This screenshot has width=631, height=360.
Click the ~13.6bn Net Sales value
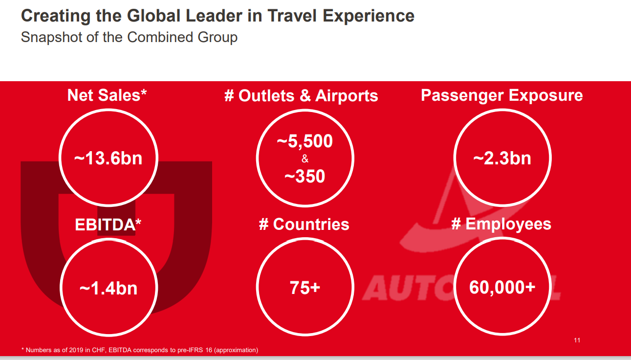point(108,158)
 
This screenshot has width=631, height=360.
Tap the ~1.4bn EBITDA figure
point(108,288)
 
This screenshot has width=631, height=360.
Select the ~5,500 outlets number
point(305,141)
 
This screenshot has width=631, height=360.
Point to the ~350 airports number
point(305,176)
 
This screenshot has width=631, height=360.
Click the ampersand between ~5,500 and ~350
point(305,159)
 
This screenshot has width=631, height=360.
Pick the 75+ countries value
point(305,288)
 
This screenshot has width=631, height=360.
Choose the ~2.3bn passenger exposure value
point(502,158)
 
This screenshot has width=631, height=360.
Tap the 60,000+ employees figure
point(502,287)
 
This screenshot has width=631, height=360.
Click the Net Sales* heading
point(107,95)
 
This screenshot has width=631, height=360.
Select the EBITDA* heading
point(108,225)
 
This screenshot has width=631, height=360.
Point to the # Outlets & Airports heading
point(301,95)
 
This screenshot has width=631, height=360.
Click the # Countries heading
point(304,225)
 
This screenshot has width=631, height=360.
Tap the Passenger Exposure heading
point(501,95)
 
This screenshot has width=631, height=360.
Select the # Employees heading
point(501,224)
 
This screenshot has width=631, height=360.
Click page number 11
point(577,340)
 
